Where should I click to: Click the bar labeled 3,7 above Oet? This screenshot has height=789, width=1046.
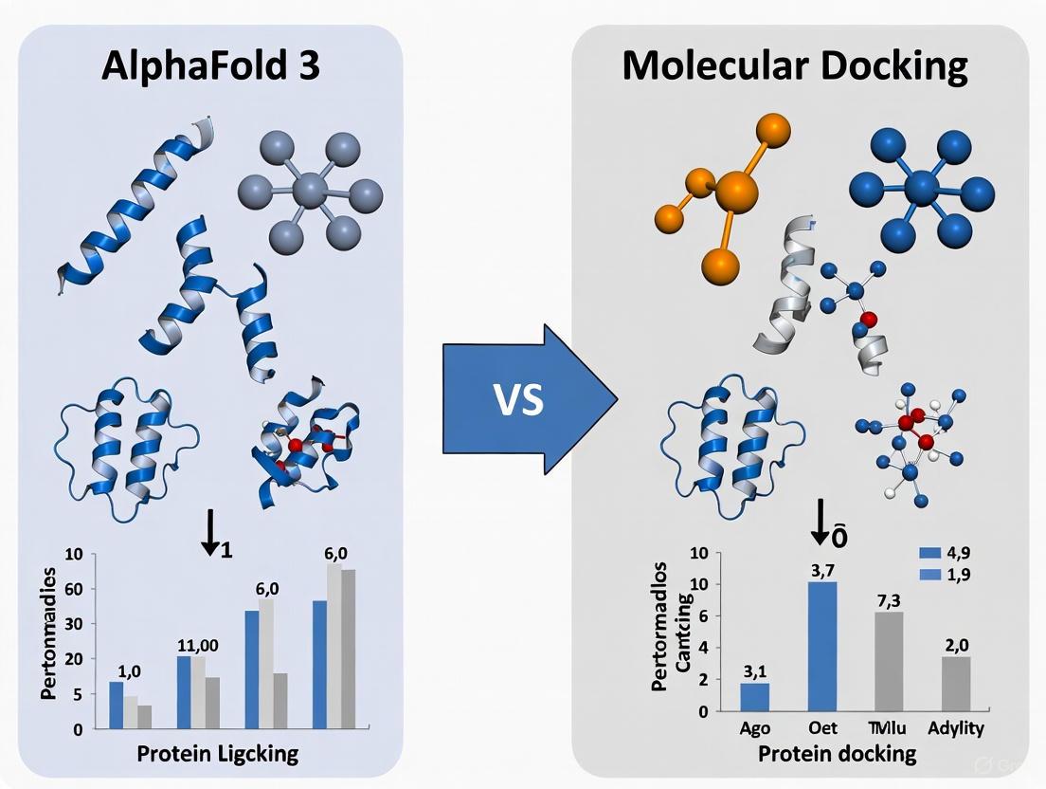(821, 646)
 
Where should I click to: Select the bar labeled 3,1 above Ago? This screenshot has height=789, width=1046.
(754, 696)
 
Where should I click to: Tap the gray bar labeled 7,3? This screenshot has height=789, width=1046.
(889, 661)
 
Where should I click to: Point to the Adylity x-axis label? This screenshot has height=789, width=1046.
(955, 729)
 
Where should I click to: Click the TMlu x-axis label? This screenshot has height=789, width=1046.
(889, 729)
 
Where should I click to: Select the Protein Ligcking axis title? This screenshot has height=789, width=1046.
(217, 754)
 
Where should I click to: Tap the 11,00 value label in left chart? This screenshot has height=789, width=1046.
(198, 646)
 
